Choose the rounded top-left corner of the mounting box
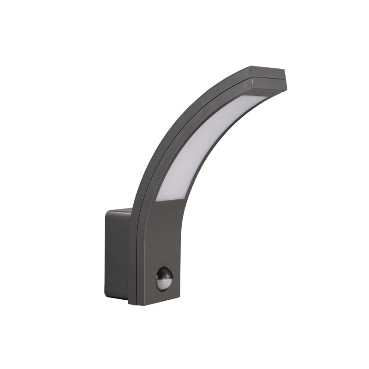[107, 213]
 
